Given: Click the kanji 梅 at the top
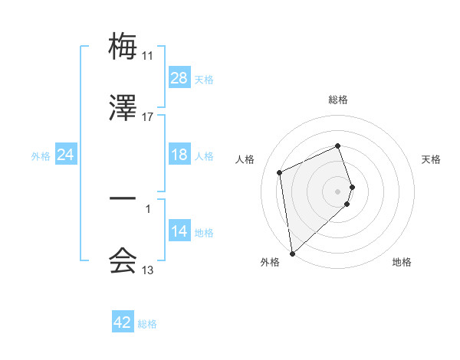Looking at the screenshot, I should click(123, 46).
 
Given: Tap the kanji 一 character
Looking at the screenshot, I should click(123, 200).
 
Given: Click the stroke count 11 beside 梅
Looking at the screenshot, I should click(148, 56).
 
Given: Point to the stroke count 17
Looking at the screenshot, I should click(148, 117).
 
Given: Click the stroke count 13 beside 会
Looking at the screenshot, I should click(148, 270).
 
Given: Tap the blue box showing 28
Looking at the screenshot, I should click(179, 78).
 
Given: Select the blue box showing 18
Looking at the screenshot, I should click(179, 155).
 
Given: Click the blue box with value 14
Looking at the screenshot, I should click(179, 231).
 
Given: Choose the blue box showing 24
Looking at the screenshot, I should click(66, 155).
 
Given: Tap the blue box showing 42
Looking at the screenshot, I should click(123, 322).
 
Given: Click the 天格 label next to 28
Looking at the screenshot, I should click(204, 79).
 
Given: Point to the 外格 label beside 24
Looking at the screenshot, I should click(41, 155).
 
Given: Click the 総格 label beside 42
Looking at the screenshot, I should click(147, 324).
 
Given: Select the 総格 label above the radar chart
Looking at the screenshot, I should click(338, 100).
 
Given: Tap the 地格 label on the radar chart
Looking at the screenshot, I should click(402, 262).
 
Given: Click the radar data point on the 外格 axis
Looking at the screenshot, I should click(292, 254).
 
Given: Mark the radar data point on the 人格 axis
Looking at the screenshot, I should click(280, 172).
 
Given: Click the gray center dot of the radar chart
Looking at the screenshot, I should click(338, 191).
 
